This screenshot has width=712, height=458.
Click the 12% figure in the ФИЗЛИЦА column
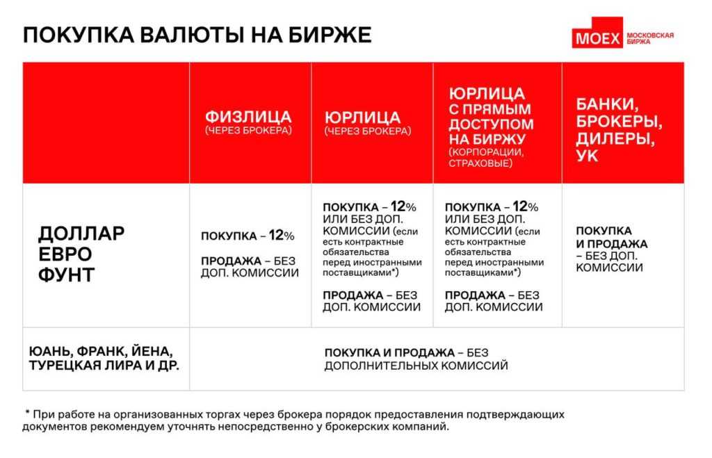coord(282,236)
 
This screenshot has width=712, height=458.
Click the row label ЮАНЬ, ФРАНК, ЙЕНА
coord(102,350)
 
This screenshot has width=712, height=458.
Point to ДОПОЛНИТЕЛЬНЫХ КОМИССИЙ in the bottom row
coord(415,366)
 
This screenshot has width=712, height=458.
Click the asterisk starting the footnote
coord(28,414)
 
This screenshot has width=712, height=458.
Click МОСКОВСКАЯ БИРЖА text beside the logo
coord(649,38)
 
